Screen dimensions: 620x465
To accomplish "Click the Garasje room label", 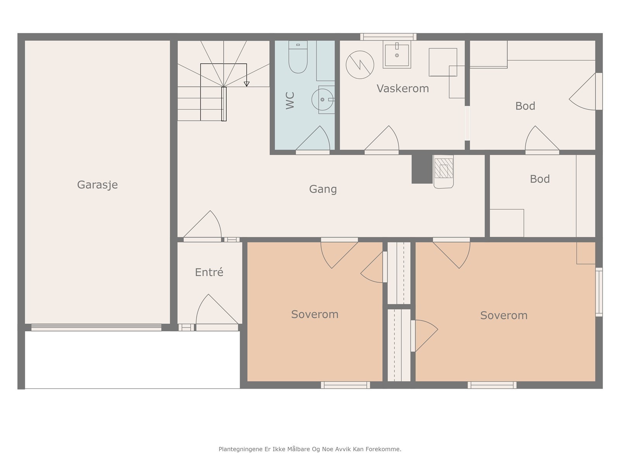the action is [97, 185].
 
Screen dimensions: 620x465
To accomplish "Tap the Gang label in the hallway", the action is [323, 189].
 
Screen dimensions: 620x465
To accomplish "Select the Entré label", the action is [209, 272].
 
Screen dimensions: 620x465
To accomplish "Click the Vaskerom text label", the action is [403, 88].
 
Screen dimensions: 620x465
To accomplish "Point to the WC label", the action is [290, 100].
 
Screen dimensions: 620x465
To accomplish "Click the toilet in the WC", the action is [298, 57].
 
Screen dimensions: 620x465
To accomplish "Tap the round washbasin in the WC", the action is [322, 99].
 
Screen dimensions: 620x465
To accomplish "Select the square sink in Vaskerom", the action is [397, 55].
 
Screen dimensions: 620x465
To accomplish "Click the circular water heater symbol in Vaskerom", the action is [360, 65].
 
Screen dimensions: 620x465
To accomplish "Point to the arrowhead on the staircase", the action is [246, 84].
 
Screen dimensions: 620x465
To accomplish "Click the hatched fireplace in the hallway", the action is [444, 171].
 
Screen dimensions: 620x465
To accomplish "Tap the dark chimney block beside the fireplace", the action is [422, 169].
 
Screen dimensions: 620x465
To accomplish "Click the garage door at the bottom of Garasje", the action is [96, 327].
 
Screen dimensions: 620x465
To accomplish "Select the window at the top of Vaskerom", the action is [388, 37].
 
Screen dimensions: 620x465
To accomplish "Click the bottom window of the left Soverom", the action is [345, 385].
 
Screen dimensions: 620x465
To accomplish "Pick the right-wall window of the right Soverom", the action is [599, 292].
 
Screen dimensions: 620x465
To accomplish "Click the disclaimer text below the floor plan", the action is [310, 449].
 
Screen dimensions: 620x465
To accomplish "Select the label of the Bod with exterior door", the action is [525, 106].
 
